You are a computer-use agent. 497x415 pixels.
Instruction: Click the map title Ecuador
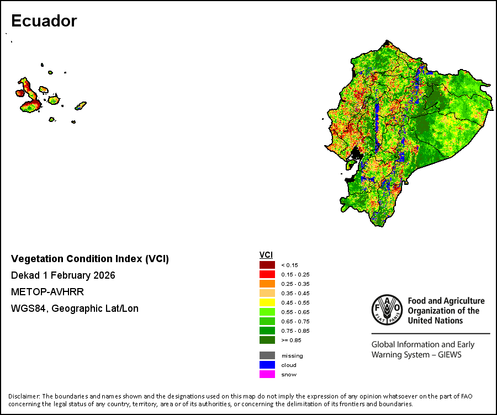[44, 21]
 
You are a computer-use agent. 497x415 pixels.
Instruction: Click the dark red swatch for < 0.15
[267, 265]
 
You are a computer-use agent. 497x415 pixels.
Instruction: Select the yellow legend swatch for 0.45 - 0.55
[267, 302]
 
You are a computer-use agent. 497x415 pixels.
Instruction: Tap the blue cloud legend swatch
[267, 365]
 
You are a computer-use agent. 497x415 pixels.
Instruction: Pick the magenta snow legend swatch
[267, 374]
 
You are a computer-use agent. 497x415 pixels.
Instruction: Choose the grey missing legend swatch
[267, 355]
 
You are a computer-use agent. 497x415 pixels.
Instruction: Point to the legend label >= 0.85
[291, 340]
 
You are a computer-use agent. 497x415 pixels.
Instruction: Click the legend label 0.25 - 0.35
[295, 284]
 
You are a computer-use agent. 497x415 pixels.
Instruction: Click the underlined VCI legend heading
[266, 255]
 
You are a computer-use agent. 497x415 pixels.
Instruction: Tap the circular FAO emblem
[387, 310]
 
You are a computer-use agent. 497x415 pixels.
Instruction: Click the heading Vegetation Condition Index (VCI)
[90, 259]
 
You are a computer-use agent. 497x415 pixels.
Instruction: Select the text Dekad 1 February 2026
[63, 275]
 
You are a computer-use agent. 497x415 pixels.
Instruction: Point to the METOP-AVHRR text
[47, 292]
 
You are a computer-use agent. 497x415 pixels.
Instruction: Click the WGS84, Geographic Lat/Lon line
[75, 308]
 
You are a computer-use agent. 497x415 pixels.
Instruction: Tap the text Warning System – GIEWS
[416, 354]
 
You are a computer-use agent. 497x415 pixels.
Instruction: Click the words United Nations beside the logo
[435, 321]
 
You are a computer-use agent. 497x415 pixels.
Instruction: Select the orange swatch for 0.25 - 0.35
[267, 284]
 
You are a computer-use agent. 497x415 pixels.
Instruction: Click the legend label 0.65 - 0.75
[295, 322]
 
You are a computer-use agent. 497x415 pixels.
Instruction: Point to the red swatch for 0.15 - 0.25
[267, 274]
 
